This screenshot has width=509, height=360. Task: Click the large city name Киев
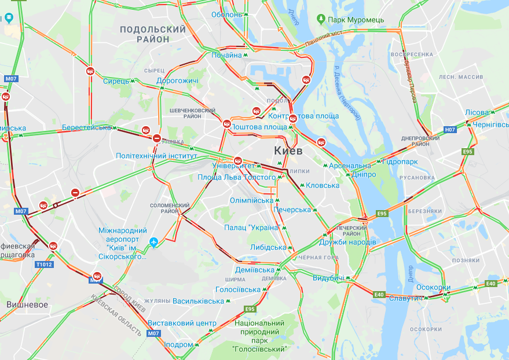point(288,151)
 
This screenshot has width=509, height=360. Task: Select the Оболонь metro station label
point(226,14)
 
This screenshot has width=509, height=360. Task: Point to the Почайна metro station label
point(226,55)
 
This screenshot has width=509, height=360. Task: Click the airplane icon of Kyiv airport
point(153,242)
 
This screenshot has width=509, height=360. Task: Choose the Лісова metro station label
point(477,112)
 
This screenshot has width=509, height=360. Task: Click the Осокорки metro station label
point(433,287)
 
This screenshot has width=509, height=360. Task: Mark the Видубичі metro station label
point(328,278)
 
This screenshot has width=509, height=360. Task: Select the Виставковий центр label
point(182,323)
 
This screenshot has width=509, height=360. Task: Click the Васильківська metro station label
point(198,301)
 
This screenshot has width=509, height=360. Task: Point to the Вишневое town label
point(27,304)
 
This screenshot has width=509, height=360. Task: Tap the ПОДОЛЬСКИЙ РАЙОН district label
point(153,34)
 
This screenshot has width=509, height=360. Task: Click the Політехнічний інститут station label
point(156,156)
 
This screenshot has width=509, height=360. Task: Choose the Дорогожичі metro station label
point(177,80)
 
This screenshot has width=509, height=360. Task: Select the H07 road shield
point(450,130)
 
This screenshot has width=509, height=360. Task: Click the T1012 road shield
point(43,265)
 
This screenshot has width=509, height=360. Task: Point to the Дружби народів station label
point(347,241)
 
